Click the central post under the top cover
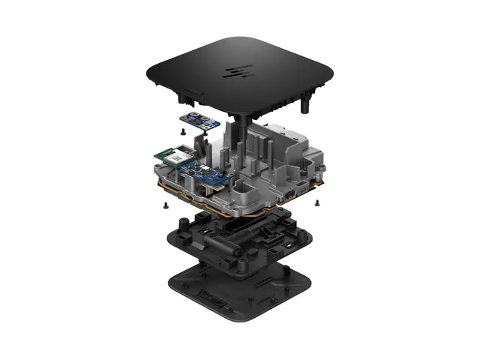click(245, 124)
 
